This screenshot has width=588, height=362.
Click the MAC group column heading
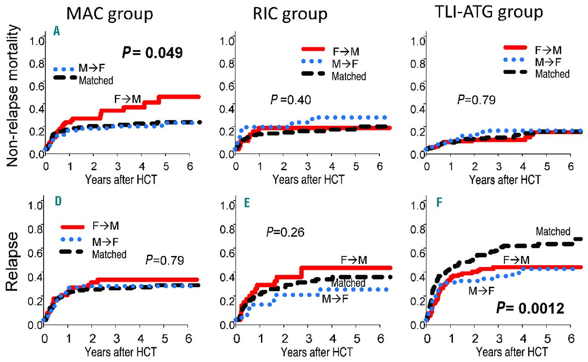[x=109, y=14]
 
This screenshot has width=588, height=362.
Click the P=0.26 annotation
[x=285, y=232]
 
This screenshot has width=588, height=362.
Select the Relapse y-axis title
[x=13, y=262]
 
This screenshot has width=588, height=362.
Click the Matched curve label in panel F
[x=553, y=232]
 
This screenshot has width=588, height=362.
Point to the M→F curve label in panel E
[x=334, y=299]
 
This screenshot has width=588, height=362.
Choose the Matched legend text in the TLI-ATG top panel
[x=553, y=73]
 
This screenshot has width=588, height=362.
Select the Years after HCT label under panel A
[x=121, y=179]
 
